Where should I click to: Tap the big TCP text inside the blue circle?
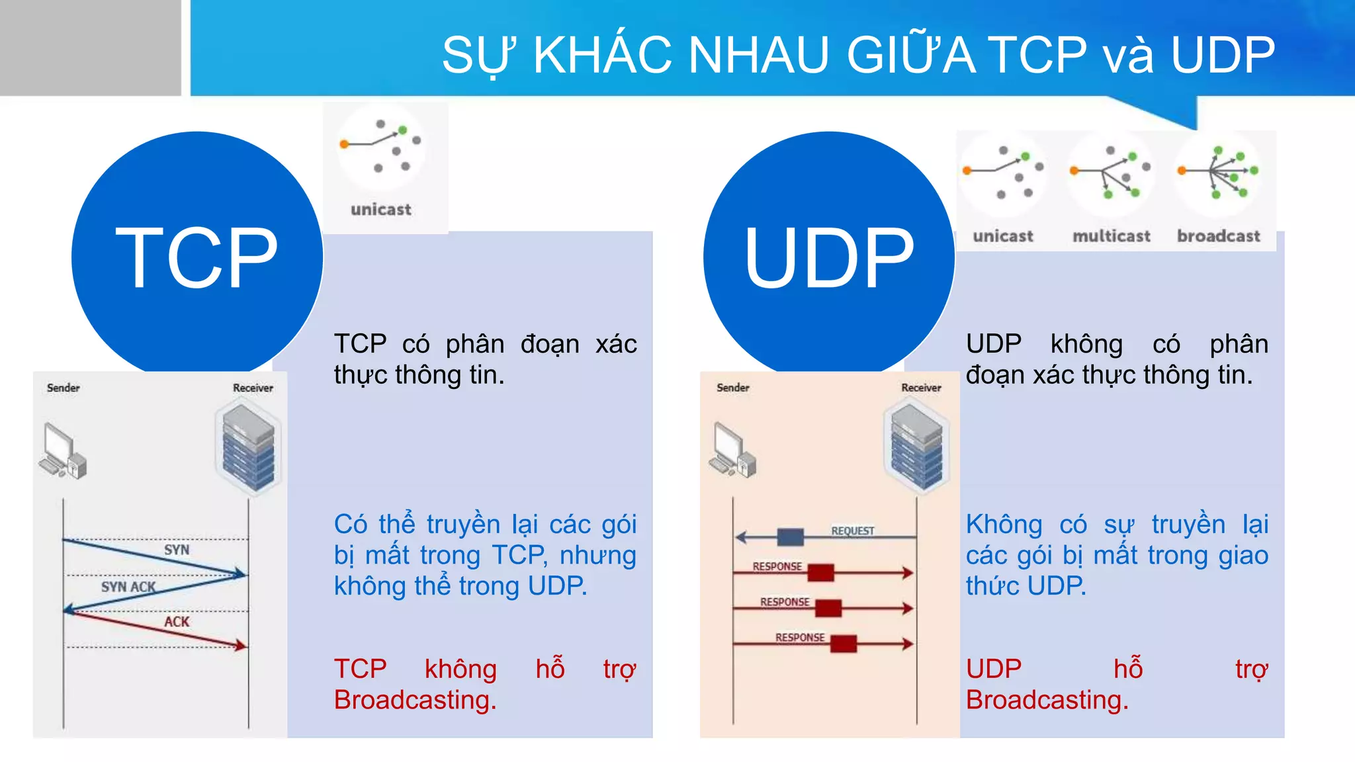click(x=197, y=258)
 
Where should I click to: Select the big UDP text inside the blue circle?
click(x=829, y=258)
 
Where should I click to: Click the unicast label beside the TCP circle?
click(x=380, y=210)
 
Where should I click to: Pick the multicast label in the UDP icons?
click(x=1111, y=236)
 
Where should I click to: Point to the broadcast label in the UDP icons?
click(x=1218, y=236)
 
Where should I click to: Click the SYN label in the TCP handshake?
click(x=177, y=550)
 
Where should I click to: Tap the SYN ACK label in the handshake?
click(x=128, y=587)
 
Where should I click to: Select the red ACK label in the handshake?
click(x=177, y=622)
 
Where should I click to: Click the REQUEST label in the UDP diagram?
click(x=852, y=530)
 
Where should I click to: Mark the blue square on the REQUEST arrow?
click(x=790, y=537)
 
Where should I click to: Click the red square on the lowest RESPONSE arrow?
click(x=843, y=644)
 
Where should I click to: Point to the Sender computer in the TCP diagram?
click(x=63, y=451)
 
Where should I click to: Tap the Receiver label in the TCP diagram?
click(x=253, y=388)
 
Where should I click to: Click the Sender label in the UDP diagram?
click(x=732, y=388)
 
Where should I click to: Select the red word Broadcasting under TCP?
click(x=415, y=700)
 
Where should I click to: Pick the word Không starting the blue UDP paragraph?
click(x=1004, y=525)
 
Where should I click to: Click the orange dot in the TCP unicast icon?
click(x=344, y=144)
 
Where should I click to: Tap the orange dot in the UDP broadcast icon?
click(x=1182, y=171)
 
